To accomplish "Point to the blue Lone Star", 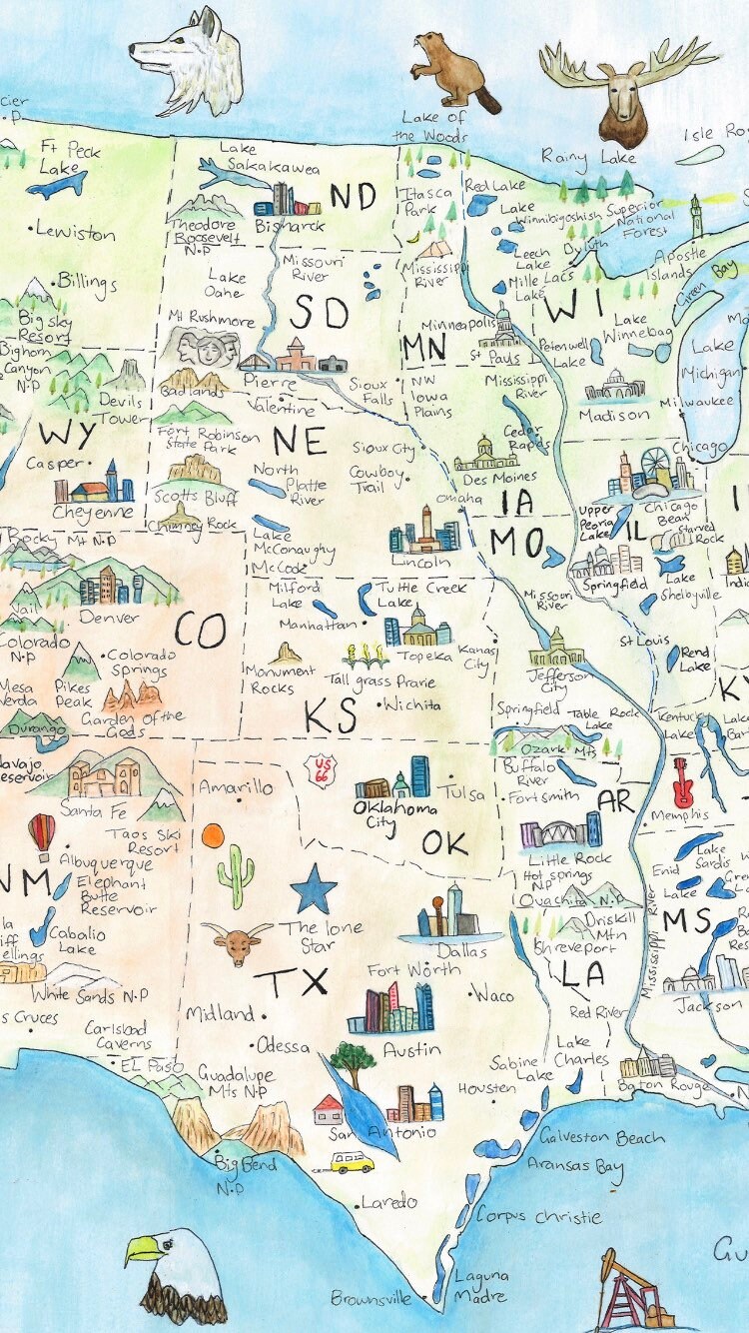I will point(315,888).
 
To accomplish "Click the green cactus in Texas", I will point(236,875).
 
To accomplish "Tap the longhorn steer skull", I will point(237,941).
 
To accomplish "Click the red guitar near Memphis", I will point(683,781).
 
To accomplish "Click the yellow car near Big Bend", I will point(353,1162).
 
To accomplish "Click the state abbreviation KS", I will point(331,716).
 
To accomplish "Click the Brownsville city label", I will point(371,1299).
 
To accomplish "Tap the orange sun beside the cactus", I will point(213,835).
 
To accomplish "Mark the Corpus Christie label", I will point(538,1217).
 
